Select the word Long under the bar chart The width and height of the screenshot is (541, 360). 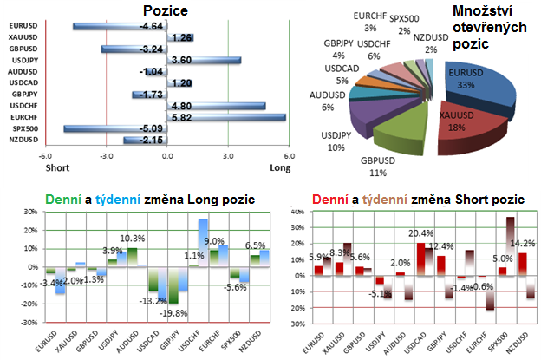pyautogui.click(x=281, y=168)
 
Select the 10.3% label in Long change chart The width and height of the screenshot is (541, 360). pyautogui.click(x=131, y=239)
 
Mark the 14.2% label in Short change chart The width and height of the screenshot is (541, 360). pyautogui.click(x=523, y=243)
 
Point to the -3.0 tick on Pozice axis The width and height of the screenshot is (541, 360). pyautogui.click(x=105, y=157)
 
